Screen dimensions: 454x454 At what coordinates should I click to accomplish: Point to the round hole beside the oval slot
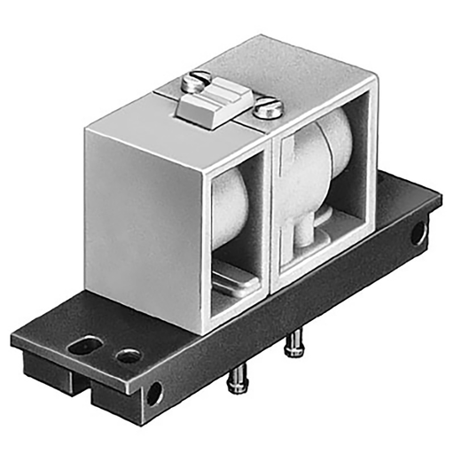129,356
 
